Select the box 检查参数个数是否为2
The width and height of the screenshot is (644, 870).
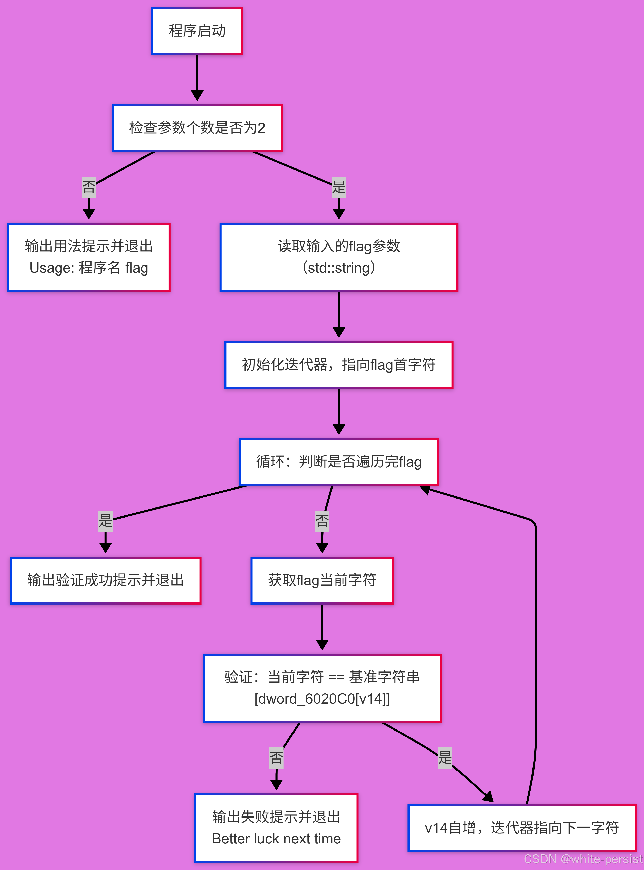pos(197,128)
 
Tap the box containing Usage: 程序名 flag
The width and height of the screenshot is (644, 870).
pos(89,257)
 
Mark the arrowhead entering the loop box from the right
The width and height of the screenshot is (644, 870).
pos(426,490)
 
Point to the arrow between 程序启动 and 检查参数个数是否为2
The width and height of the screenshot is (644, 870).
pos(197,78)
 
